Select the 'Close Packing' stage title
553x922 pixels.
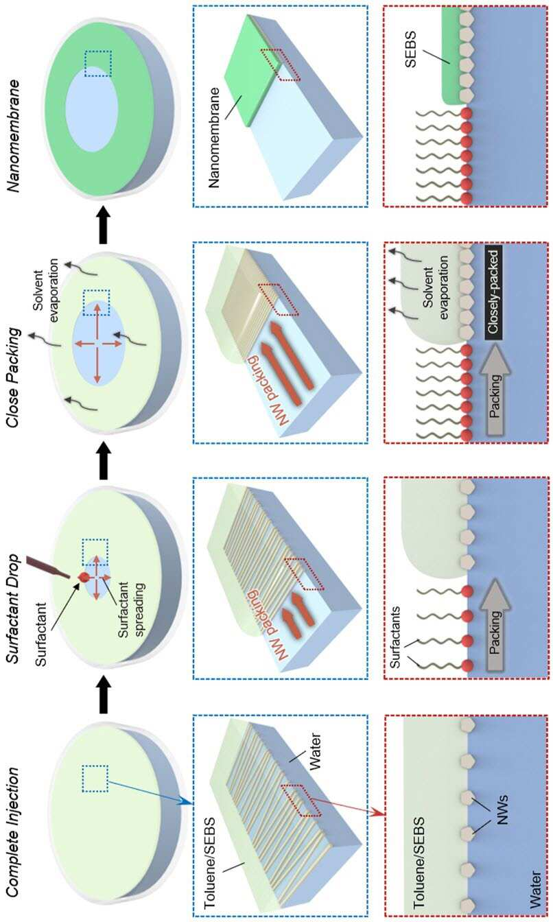(12, 377)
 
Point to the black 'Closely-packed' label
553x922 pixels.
(493, 293)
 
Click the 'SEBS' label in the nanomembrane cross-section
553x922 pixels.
(410, 49)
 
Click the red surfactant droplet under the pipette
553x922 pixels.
(84, 577)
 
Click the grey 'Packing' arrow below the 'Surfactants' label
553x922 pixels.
(495, 625)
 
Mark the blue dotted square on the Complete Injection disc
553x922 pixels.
(95, 779)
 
